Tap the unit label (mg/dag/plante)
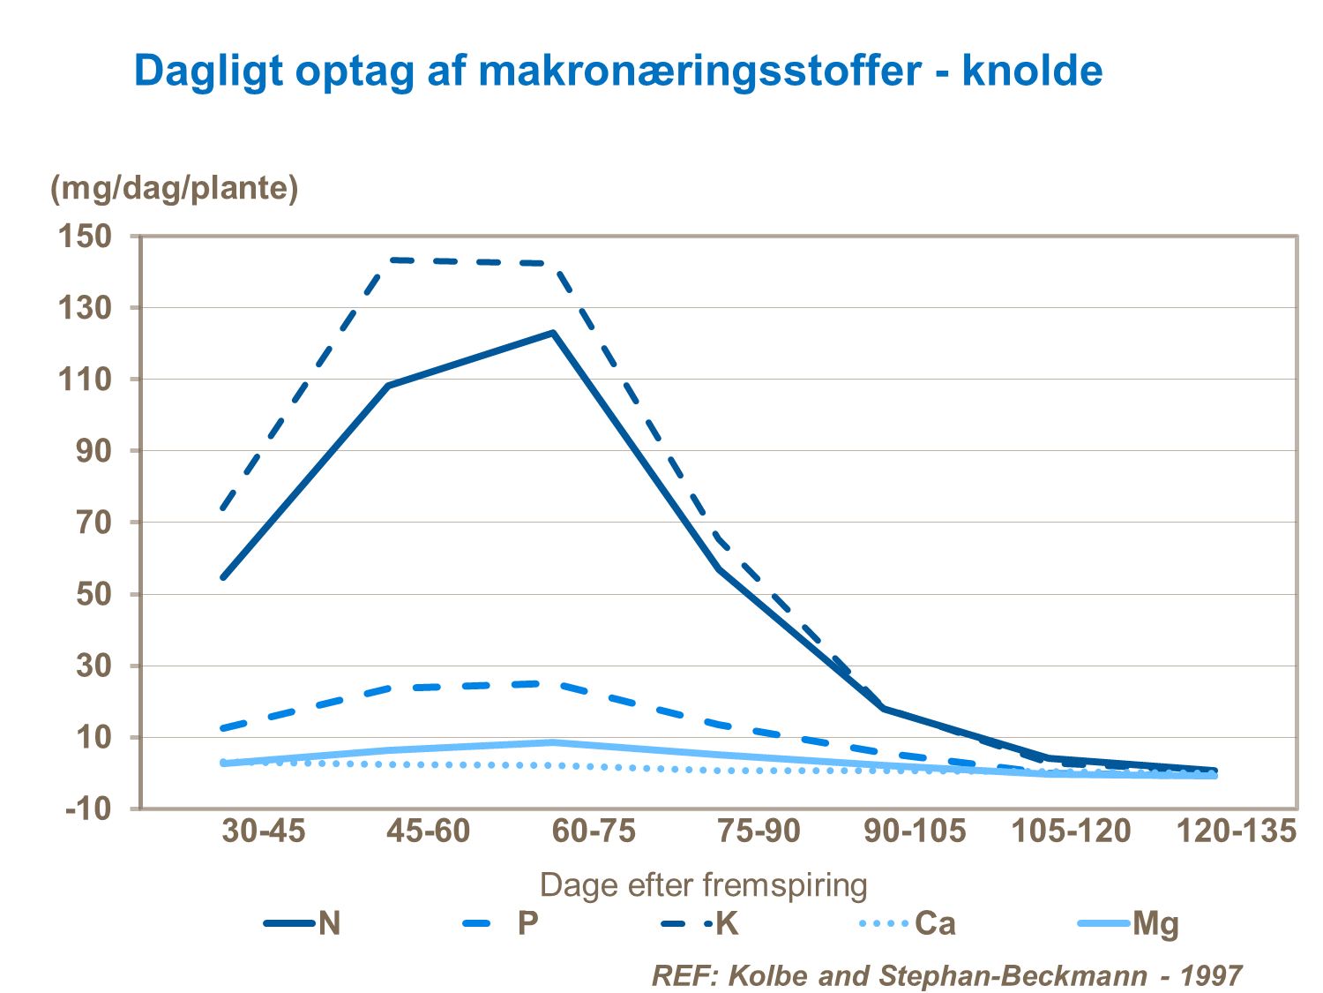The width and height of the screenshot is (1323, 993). pos(175,188)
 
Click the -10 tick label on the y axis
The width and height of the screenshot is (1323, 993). pos(88,809)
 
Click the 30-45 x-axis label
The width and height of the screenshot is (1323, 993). pos(264,831)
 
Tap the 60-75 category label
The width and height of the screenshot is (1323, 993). pos(594,831)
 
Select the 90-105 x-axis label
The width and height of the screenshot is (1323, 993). pos(914,831)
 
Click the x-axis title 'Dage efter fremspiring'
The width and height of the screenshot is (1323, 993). pos(703,884)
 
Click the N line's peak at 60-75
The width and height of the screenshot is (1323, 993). pos(553,333)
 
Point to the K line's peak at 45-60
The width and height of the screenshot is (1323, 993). pos(388,260)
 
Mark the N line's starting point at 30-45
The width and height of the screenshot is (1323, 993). pos(223,577)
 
